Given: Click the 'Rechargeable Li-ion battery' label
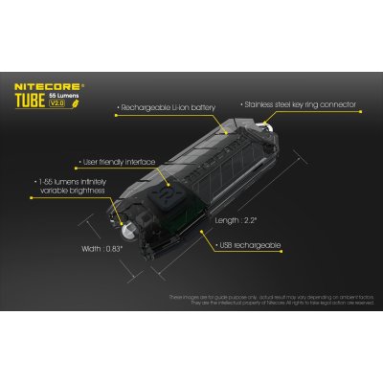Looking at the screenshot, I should (x=169, y=109).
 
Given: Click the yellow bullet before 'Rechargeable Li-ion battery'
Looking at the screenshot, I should (x=116, y=109).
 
